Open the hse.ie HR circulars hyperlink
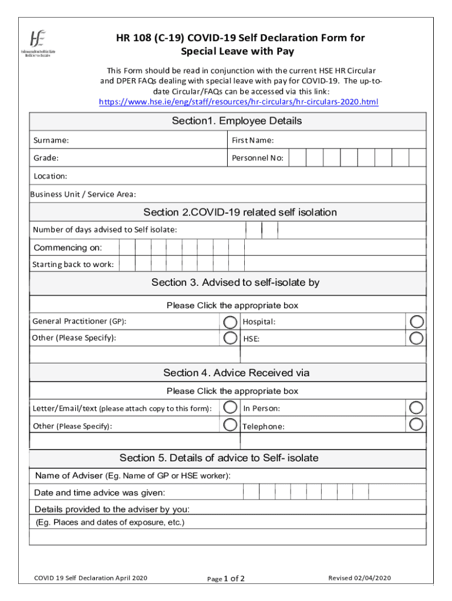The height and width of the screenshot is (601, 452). (x=238, y=102)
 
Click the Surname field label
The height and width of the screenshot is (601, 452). (x=51, y=140)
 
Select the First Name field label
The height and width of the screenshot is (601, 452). (x=252, y=140)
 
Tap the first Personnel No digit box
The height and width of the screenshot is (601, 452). (x=298, y=158)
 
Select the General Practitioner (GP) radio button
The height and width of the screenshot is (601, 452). (x=231, y=322)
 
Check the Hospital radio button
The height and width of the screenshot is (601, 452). (x=417, y=322)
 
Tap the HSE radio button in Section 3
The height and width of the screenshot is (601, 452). (x=417, y=338)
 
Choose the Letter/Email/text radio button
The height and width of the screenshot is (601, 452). (x=231, y=407)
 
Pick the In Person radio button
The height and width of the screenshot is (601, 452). (x=417, y=407)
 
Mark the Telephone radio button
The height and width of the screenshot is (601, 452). (x=417, y=424)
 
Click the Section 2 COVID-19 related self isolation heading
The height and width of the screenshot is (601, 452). (x=240, y=212)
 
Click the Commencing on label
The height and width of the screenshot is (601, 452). (x=68, y=247)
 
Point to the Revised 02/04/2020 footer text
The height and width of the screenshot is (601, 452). (x=359, y=578)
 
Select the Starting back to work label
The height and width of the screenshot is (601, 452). (x=73, y=265)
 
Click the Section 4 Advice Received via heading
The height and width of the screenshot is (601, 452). (x=236, y=373)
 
